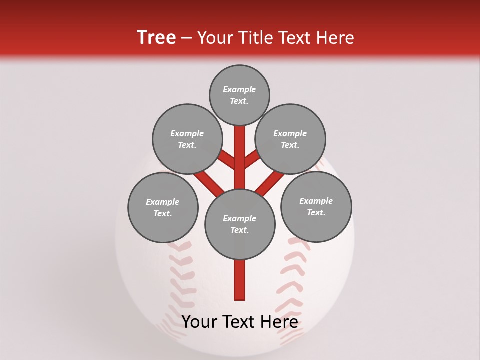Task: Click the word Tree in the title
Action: pyautogui.click(x=156, y=38)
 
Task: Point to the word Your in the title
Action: pyautogui.click(x=216, y=38)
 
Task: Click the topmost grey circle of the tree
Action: pyautogui.click(x=239, y=95)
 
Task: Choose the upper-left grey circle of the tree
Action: pyautogui.click(x=187, y=139)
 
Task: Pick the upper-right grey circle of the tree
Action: pyautogui.click(x=290, y=139)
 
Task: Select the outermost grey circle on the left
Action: pyautogui.click(x=163, y=207)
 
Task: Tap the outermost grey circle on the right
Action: pyautogui.click(x=316, y=206)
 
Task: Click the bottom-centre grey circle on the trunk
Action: pyautogui.click(x=240, y=224)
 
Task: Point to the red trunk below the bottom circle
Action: pyautogui.click(x=240, y=280)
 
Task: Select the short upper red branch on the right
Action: pyautogui.click(x=251, y=159)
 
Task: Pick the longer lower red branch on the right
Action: pyautogui.click(x=270, y=183)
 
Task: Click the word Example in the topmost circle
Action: pyautogui.click(x=239, y=89)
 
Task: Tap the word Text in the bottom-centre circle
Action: pyautogui.click(x=239, y=230)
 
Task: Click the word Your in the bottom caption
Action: pyautogui.click(x=198, y=322)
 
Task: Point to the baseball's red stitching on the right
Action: pyautogui.click(x=292, y=280)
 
